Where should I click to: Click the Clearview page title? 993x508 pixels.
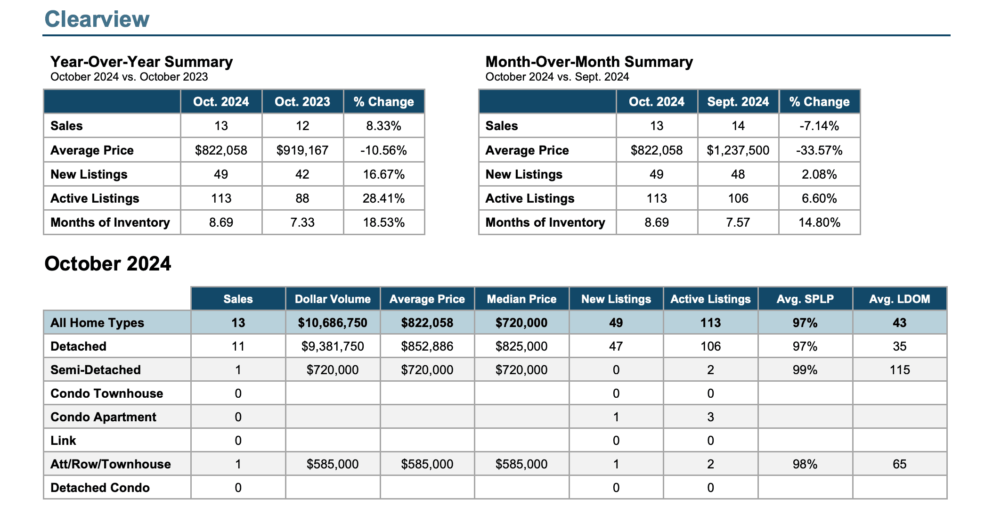[x=97, y=19]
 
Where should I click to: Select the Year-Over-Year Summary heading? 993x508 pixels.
[x=141, y=62]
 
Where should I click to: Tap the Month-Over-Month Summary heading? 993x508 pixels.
[x=589, y=62]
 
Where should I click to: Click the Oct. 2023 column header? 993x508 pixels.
[x=302, y=102]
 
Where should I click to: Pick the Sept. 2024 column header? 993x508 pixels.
[x=738, y=102]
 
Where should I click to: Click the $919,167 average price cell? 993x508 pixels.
[x=302, y=150]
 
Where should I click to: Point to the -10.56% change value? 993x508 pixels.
[x=383, y=150]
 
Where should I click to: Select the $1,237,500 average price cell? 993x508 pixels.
[x=738, y=150]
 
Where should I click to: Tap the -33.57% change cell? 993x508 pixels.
[x=819, y=150]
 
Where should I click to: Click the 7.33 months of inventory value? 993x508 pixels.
[x=302, y=222]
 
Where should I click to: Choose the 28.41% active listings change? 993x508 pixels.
[x=383, y=198]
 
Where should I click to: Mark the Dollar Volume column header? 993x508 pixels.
[x=333, y=299]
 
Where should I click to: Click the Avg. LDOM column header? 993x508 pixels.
[x=900, y=299]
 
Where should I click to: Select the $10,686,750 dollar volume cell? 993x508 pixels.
[x=333, y=323]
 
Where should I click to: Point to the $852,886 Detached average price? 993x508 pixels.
[x=427, y=346]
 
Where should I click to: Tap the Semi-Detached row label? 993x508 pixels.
[x=96, y=370]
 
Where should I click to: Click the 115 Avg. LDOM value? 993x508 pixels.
[x=900, y=370]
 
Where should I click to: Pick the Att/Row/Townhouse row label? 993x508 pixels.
[x=111, y=464]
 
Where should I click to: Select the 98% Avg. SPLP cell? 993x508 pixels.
[x=805, y=464]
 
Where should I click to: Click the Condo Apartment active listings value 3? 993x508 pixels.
[x=711, y=417]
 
